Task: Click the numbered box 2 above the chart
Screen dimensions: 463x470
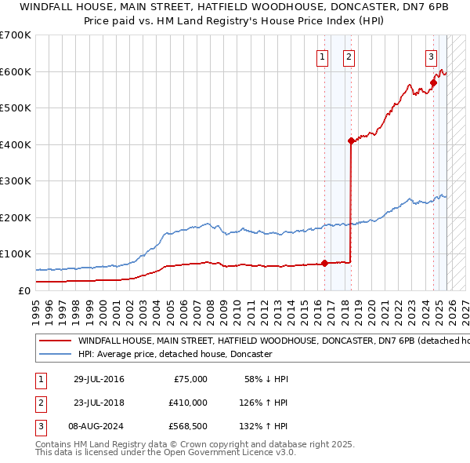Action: (x=348, y=56)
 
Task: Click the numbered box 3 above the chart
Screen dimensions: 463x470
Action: (x=431, y=56)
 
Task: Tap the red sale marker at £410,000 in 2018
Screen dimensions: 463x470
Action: (x=351, y=141)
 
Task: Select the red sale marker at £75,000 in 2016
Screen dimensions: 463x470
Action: (x=324, y=263)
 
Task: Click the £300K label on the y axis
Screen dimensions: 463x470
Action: (x=16, y=181)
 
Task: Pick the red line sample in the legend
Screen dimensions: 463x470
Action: (x=55, y=341)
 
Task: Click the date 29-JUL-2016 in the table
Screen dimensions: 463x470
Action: (x=99, y=379)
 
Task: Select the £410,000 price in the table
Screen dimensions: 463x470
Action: (x=188, y=403)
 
